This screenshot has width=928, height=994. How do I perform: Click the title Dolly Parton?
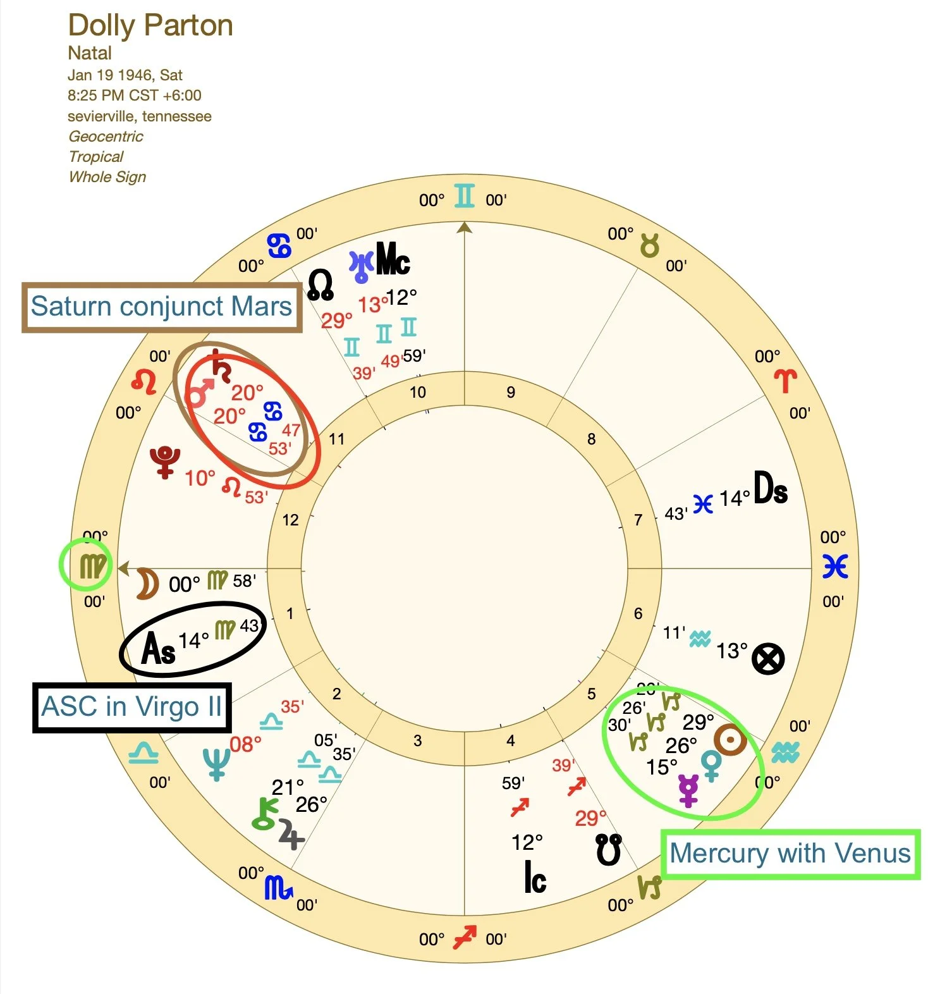[150, 26]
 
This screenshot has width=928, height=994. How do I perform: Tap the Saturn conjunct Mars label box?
[161, 307]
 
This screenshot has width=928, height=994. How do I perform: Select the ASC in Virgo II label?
[131, 707]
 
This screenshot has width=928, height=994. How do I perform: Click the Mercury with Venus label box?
[790, 854]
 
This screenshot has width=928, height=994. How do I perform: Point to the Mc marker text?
[393, 259]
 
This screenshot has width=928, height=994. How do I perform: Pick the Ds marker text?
[771, 488]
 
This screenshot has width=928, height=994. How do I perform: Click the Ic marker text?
[535, 877]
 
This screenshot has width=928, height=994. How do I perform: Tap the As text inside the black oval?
[158, 648]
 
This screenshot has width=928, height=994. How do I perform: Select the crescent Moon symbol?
[147, 583]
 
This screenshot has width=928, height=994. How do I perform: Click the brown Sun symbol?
[730, 740]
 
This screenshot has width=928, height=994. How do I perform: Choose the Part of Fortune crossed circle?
[768, 659]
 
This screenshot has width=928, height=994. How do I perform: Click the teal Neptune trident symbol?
[216, 764]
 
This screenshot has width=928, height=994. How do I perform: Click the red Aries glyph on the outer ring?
[785, 381]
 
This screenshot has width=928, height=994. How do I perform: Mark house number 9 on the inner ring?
[511, 393]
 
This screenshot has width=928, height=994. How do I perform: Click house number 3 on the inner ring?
[417, 741]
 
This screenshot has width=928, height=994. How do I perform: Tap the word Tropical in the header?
[96, 157]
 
